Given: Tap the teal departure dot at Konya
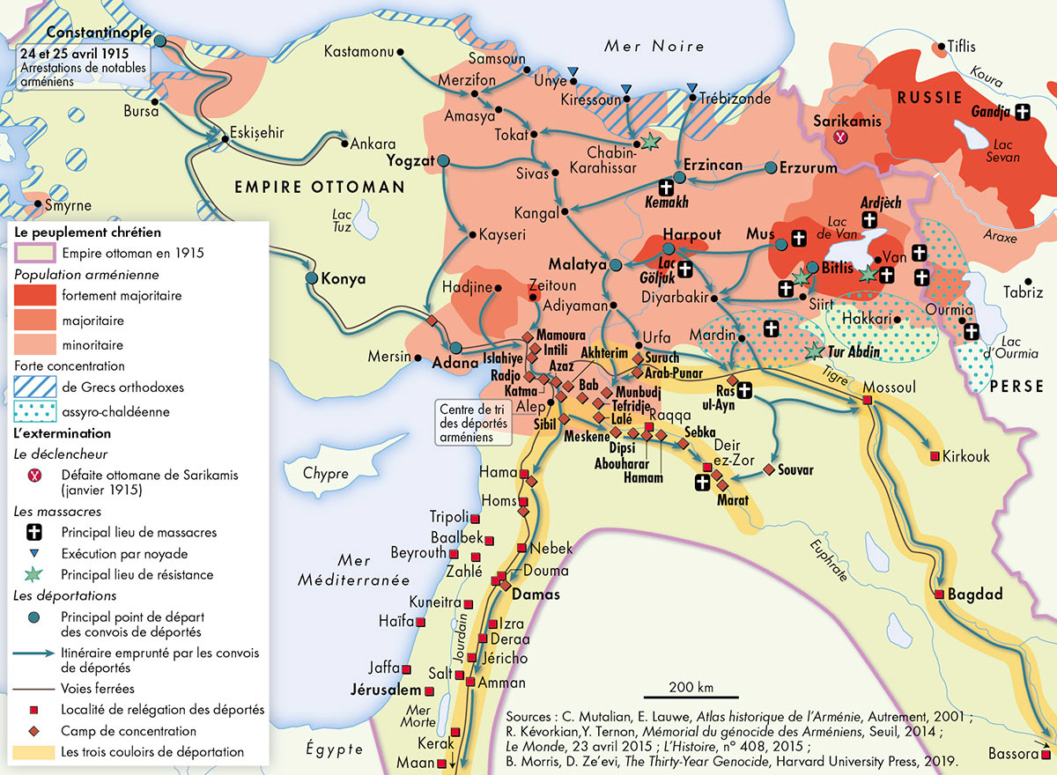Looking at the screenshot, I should click(x=311, y=277).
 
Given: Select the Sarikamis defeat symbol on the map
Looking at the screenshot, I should click(x=841, y=137).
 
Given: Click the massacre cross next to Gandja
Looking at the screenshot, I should click(x=1022, y=112).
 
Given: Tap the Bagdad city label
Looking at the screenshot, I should click(x=975, y=595).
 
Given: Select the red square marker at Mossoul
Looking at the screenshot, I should click(x=867, y=400).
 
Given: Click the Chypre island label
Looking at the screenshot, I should click(x=326, y=474).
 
